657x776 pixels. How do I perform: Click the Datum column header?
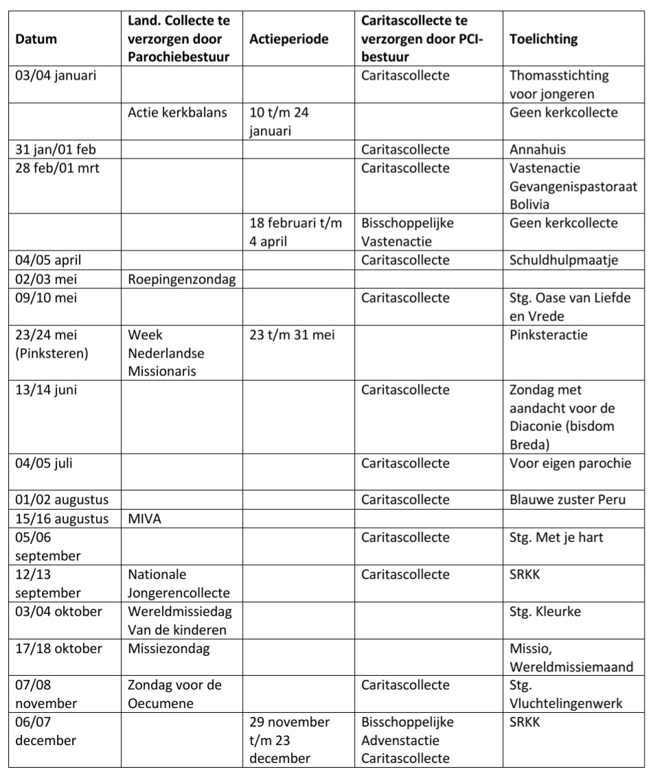tap(36, 39)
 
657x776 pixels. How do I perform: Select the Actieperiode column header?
tap(289, 39)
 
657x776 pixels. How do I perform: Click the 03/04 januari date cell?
tap(56, 75)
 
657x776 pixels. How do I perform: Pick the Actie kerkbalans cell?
tap(177, 113)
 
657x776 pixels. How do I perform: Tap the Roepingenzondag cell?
tap(173, 279)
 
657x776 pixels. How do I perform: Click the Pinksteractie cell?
tap(549, 335)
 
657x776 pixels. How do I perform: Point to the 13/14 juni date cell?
tap(45, 390)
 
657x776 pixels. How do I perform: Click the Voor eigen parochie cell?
tap(570, 463)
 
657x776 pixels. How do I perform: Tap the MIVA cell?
tap(144, 519)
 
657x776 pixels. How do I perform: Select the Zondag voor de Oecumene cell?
tap(174, 694)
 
